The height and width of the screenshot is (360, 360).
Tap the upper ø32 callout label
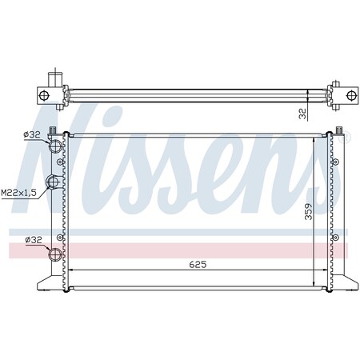coord(33,134)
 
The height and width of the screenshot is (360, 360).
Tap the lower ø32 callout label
coord(33,239)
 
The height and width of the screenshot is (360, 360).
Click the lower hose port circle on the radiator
coord(55,255)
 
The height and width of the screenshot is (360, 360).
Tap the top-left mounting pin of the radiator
coord(54,130)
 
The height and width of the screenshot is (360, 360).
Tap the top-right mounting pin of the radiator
coord(339,130)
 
